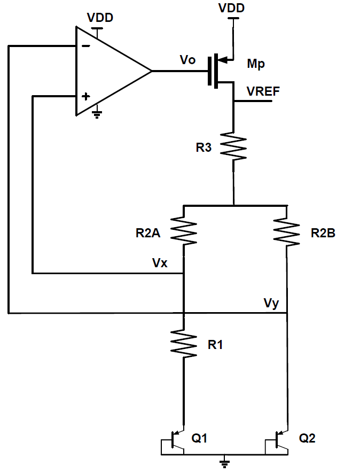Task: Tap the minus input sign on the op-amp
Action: [85, 46]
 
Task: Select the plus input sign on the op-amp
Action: [85, 97]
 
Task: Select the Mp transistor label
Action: [256, 64]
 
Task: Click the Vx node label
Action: [161, 263]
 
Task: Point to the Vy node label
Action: [271, 303]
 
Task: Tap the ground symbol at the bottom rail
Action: [225, 461]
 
